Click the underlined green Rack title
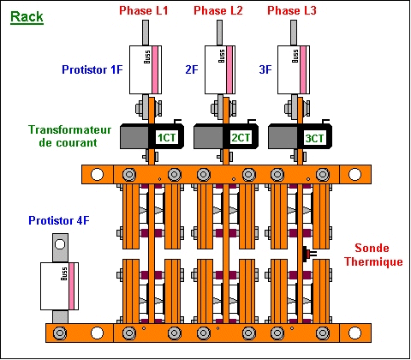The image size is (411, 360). (27, 17)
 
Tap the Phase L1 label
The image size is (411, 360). (144, 10)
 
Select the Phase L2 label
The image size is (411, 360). (218, 10)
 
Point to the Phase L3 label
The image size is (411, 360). (292, 10)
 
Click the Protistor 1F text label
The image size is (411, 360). (92, 69)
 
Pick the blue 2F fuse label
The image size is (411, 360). (192, 69)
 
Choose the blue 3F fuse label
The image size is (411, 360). (265, 69)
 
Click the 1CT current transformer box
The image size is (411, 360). (152, 136)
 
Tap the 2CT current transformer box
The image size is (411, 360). (226, 136)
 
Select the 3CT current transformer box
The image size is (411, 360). (300, 136)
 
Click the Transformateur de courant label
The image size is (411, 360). (69, 136)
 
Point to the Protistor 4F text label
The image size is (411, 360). (59, 220)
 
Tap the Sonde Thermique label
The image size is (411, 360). (373, 255)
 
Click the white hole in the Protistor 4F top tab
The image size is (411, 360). (60, 244)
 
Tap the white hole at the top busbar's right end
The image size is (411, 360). (354, 174)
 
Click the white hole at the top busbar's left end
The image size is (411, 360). (97, 174)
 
